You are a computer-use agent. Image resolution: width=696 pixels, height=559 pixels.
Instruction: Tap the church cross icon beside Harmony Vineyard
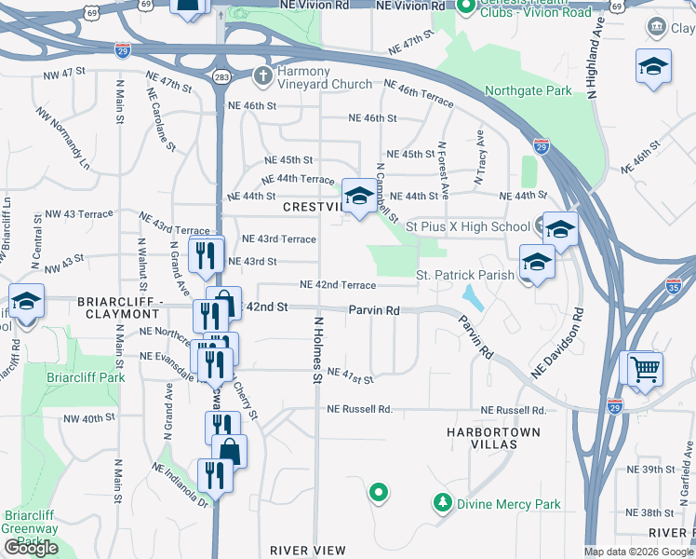coord(264,74)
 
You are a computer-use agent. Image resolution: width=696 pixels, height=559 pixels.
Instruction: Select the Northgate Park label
coord(528,91)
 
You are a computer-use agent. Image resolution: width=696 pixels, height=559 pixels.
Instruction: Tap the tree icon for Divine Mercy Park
coord(443,503)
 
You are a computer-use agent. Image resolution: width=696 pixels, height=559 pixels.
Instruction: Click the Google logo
coord(32,549)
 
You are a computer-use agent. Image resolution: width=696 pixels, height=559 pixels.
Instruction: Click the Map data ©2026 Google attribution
coord(639,552)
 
